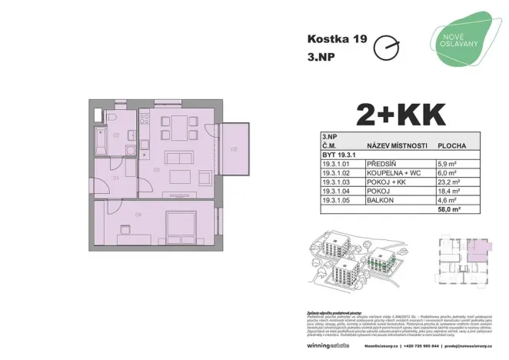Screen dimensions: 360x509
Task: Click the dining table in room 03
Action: (x=176, y=129)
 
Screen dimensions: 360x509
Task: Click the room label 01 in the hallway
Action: (x=116, y=178)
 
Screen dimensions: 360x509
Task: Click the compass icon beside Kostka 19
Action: (x=385, y=48)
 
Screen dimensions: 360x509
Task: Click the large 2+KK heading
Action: (x=401, y=115)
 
